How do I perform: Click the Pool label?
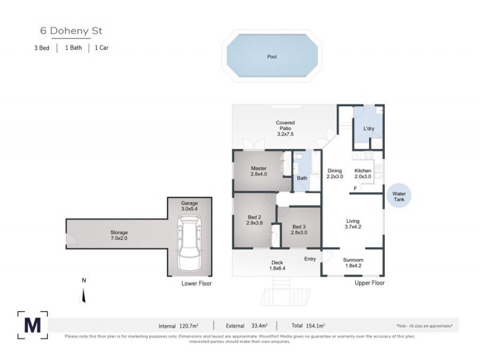[272, 57]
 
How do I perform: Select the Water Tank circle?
[399, 197]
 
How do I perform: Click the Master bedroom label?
[259, 171]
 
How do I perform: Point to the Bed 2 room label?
[254, 220]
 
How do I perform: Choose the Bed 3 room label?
[298, 229]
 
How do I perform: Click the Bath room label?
[302, 178]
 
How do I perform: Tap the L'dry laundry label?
[369, 128]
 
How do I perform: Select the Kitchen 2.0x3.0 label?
[363, 174]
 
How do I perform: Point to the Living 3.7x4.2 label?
[352, 223]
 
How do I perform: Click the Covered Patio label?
[285, 128]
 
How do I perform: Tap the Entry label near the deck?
[310, 259]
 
